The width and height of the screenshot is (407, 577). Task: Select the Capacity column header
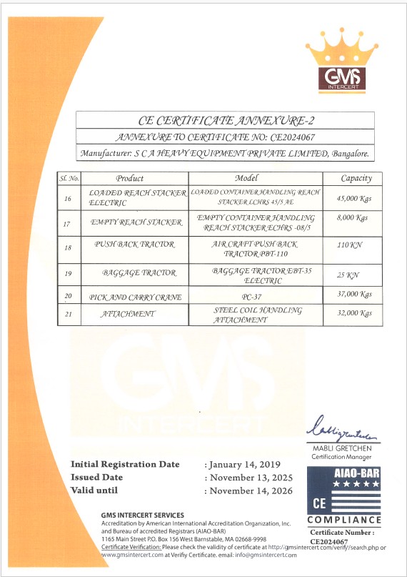[356, 178]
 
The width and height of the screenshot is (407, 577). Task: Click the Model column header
[256, 178]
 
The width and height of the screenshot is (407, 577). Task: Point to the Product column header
[130, 178]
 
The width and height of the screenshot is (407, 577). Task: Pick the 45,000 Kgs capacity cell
[356, 198]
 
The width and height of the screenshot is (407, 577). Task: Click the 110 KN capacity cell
[350, 245]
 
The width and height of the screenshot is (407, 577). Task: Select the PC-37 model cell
[255, 295]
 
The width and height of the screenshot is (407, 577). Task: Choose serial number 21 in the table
[66, 315]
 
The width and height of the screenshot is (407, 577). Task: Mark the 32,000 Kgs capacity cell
[356, 313]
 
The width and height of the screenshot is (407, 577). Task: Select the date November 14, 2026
[251, 490]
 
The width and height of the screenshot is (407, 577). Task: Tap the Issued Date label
[97, 477]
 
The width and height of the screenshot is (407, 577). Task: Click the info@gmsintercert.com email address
[265, 555]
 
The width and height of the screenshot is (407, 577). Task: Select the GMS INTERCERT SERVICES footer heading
[143, 516]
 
